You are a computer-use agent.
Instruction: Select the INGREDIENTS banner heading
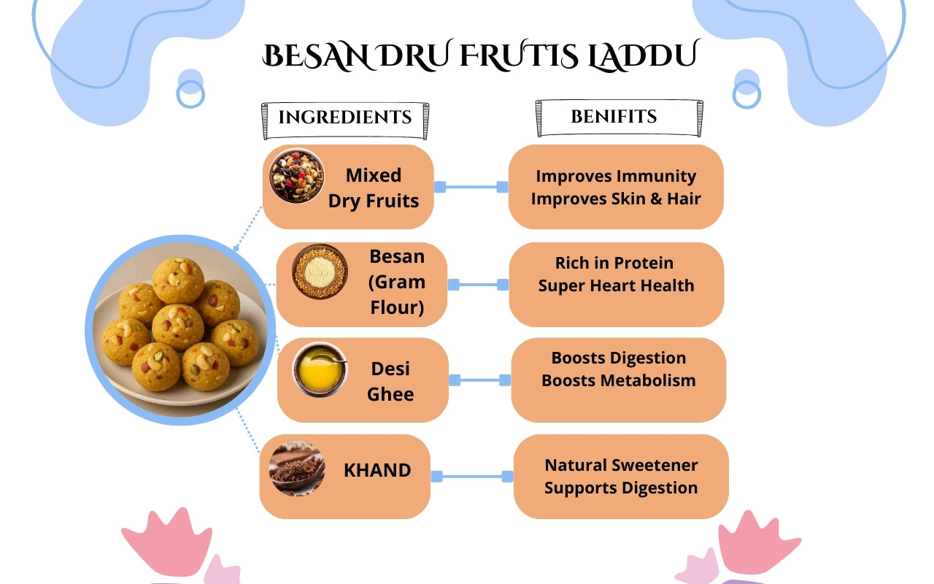[x=345, y=117]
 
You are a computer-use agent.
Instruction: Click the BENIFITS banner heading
[x=614, y=116]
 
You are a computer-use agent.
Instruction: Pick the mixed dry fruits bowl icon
[x=296, y=176]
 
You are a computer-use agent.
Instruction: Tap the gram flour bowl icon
[x=320, y=272]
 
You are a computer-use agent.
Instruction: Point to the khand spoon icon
[x=296, y=468]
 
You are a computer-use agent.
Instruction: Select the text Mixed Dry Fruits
[x=374, y=188]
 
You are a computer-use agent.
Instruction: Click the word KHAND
[x=377, y=470]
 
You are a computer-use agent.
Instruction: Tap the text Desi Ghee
[x=390, y=381]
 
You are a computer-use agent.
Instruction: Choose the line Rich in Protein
[x=614, y=263]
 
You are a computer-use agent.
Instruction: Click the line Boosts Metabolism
[x=619, y=380]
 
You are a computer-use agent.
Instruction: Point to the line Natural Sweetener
[x=621, y=465]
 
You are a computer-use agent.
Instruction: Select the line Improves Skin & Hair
[x=616, y=199]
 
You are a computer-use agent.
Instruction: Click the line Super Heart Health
[x=617, y=285]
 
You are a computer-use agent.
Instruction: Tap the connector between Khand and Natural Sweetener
[x=472, y=477]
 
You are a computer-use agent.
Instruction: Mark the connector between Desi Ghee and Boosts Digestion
[x=479, y=380]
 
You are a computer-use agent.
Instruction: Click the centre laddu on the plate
[x=178, y=326]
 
